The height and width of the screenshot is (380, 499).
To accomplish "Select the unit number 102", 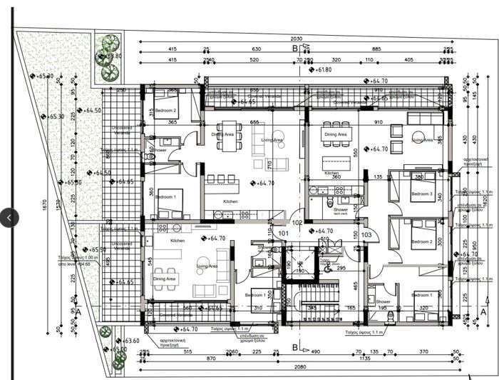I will point(297,223).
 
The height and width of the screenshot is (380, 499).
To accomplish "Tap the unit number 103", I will point(366,234).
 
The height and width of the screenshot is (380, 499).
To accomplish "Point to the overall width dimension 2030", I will point(297,39).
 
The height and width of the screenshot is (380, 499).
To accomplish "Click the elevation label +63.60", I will point(130,341).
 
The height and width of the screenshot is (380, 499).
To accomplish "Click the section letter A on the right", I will point(483,312).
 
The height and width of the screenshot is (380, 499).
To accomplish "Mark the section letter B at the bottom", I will point(295,347).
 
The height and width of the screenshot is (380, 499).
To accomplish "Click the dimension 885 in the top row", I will point(375,49).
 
